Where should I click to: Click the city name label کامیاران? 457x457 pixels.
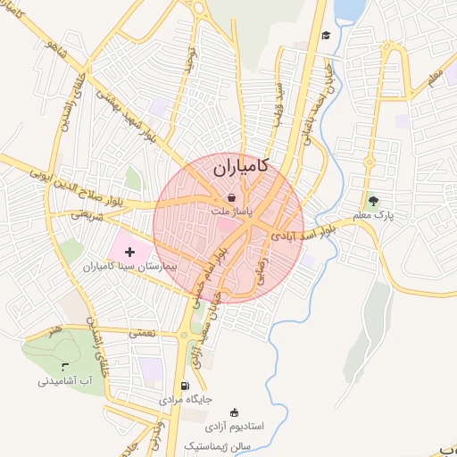tap(242, 167)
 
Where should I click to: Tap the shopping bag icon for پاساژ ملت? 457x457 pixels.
tap(232, 197)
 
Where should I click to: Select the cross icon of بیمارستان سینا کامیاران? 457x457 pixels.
tap(130, 253)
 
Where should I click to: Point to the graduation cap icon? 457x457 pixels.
tap(326, 35)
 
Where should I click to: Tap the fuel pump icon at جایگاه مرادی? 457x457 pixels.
tap(185, 386)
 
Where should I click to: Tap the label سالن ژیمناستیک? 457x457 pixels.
tap(219, 445)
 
